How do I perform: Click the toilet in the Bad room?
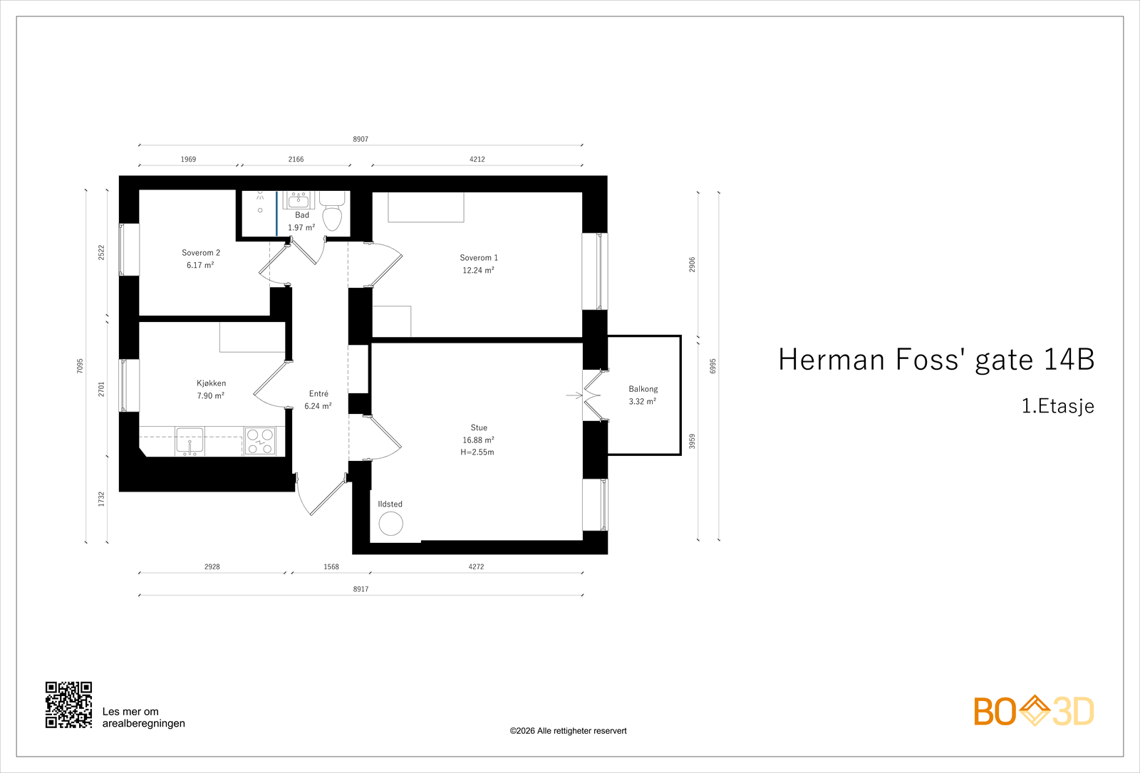[332, 211]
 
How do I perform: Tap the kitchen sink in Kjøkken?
[190, 441]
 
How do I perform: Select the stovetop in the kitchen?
[260, 441]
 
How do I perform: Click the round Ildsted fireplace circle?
[391, 523]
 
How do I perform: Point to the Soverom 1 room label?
[478, 258]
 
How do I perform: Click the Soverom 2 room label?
[201, 253]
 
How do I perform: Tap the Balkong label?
[643, 389]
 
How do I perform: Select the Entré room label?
[318, 394]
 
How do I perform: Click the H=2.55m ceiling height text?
[477, 452]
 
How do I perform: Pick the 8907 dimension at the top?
[361, 140]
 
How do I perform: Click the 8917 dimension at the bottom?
[361, 589]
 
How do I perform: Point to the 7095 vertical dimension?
[80, 366]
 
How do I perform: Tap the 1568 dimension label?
[331, 567]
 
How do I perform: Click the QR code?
[68, 705]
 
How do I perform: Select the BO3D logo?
[1034, 710]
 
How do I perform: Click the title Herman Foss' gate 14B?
[936, 360]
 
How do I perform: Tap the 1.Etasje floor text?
[1057, 406]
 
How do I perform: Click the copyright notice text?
[568, 731]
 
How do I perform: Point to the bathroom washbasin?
[299, 200]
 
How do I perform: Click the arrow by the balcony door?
[574, 395]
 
